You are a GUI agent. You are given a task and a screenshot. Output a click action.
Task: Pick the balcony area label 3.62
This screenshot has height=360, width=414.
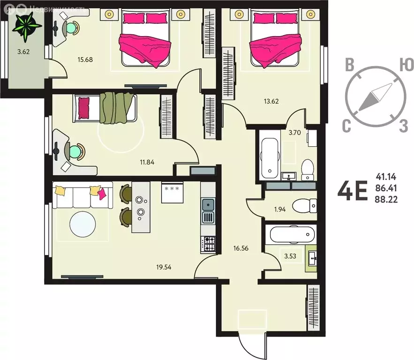(23, 52)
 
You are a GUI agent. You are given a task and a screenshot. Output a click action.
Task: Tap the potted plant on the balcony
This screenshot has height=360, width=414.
(23, 26)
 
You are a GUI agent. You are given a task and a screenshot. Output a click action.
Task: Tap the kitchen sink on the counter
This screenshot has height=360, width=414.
(208, 204)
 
